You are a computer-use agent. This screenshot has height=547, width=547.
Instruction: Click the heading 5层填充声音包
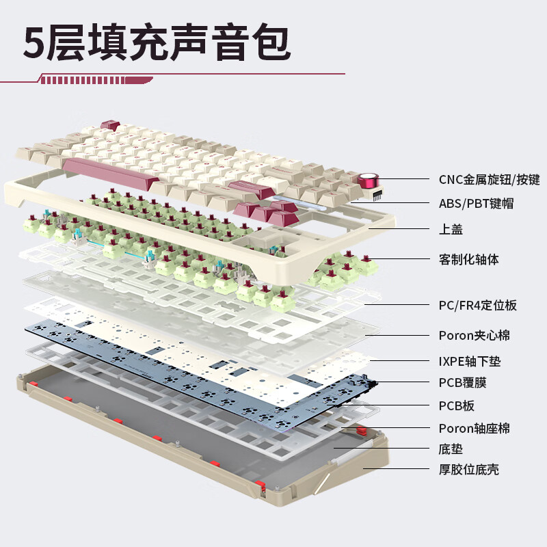pyautogui.click(x=157, y=42)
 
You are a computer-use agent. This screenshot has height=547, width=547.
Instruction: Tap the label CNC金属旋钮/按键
pyautogui.click(x=489, y=180)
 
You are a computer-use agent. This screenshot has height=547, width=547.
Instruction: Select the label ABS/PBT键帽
pyautogui.click(x=476, y=203)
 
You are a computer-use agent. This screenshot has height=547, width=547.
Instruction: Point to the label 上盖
pyautogui.click(x=451, y=229)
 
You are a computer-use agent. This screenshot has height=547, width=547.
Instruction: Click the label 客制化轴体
pyautogui.click(x=468, y=260)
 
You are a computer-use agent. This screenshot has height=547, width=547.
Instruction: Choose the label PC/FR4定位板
pyautogui.click(x=477, y=305)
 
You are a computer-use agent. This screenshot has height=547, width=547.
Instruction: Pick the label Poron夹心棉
pyautogui.click(x=474, y=335)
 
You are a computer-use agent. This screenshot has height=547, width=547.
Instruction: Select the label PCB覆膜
pyautogui.click(x=462, y=382)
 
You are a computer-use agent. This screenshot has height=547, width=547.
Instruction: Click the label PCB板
pyautogui.click(x=456, y=405)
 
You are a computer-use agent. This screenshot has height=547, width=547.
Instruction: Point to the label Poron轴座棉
pyautogui.click(x=474, y=429)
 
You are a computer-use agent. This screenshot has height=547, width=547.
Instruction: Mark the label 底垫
pyautogui.click(x=451, y=449)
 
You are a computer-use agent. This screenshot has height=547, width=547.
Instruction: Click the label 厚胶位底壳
pyautogui.click(x=468, y=470)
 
